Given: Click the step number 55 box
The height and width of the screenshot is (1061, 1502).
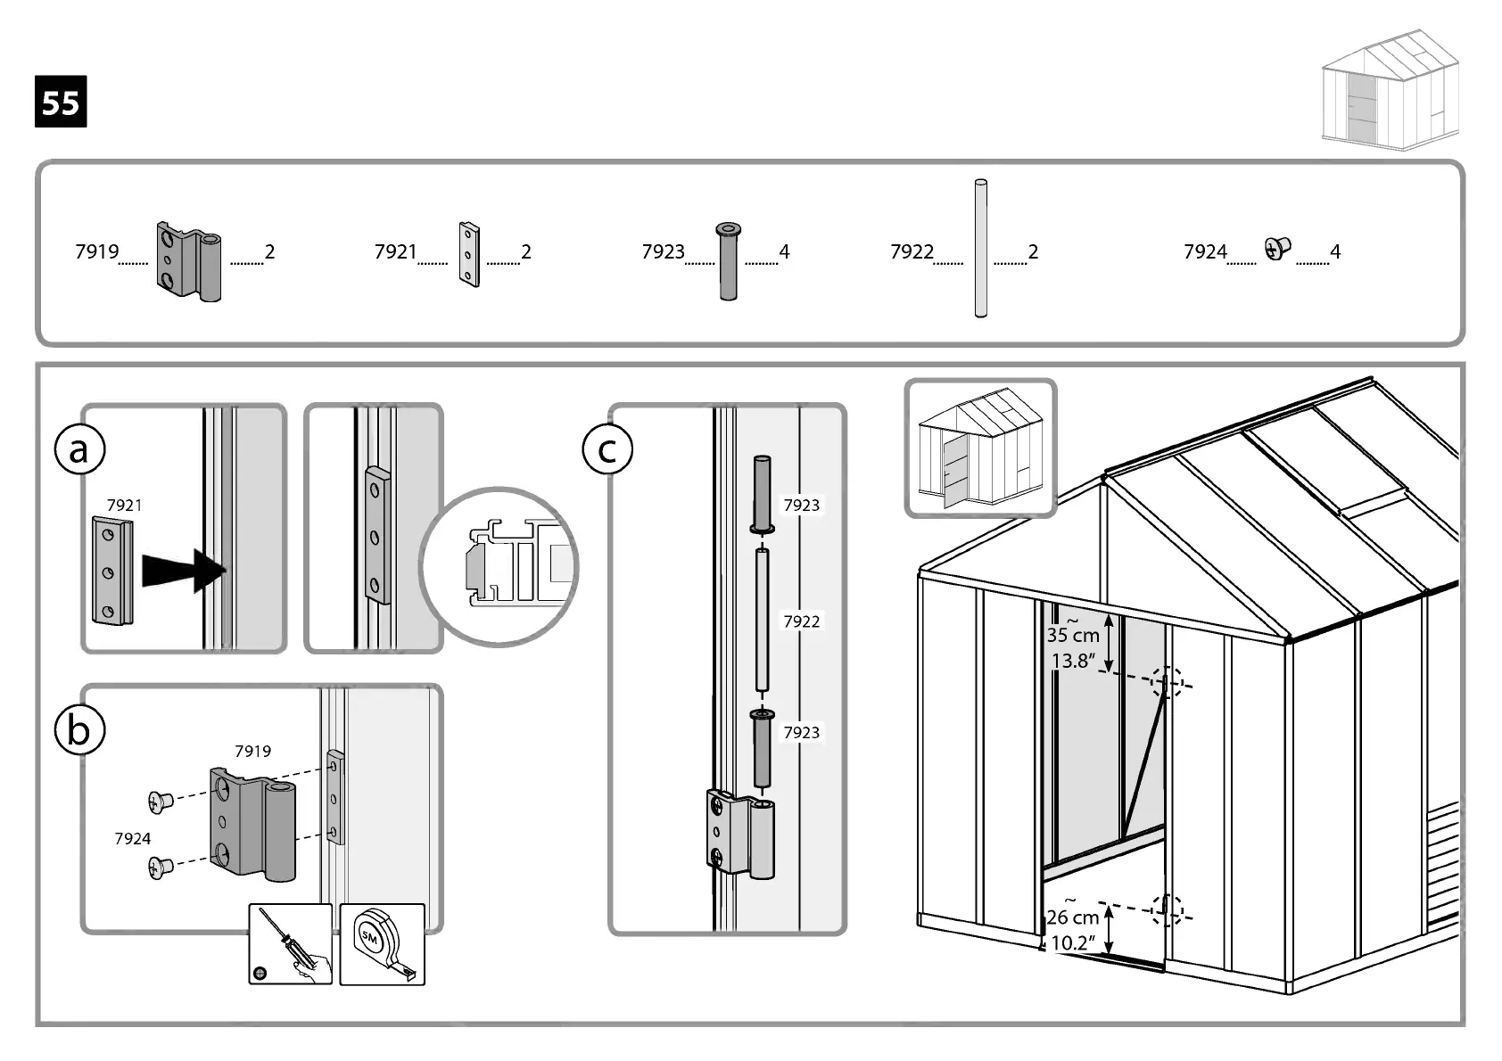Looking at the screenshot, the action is click(61, 103).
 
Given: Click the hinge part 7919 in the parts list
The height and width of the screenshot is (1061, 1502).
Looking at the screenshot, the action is click(189, 260).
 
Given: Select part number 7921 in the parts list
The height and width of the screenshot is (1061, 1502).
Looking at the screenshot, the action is click(395, 252).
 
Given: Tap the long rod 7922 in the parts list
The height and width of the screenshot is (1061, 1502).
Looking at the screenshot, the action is click(980, 249).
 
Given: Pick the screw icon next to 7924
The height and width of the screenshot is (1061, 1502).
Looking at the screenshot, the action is click(1277, 249).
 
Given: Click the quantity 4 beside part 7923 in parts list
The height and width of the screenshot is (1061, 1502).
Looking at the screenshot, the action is click(784, 252).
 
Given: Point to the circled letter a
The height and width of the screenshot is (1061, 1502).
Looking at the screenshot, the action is click(79, 449).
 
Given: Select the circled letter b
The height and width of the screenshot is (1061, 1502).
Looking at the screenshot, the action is click(79, 730).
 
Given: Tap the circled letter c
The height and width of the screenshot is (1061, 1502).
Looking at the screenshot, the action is click(607, 449).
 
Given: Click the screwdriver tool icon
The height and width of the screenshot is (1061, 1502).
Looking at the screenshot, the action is click(291, 944).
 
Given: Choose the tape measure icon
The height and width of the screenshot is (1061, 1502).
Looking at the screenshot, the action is click(383, 944).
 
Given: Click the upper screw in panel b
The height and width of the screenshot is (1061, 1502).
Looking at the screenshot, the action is click(161, 802).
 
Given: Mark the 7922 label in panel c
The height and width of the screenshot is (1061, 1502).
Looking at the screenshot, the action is click(801, 621).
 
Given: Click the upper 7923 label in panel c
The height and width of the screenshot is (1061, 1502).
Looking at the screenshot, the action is click(801, 506).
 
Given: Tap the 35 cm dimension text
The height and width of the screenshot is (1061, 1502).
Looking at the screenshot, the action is click(1072, 635).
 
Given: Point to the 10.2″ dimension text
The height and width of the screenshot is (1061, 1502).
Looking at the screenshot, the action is click(1072, 942).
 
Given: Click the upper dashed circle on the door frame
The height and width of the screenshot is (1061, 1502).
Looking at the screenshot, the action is click(1167, 682).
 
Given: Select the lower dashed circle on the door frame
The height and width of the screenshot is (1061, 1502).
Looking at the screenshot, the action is click(1167, 910).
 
